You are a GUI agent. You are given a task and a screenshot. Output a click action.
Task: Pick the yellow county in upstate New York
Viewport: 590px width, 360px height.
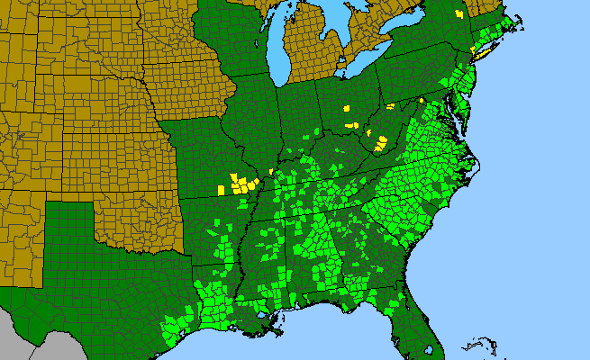[459, 14]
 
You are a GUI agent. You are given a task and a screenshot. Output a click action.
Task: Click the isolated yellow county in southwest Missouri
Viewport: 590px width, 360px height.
[222, 189]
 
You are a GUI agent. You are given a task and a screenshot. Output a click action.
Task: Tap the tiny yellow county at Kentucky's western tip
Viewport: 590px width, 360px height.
[271, 171]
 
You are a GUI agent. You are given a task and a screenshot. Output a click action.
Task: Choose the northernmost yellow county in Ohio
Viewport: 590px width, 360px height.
[345, 108]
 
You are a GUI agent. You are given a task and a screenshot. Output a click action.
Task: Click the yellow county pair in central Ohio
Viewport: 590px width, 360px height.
[349, 123]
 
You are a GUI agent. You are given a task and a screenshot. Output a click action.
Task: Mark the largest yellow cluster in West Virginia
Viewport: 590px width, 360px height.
[382, 140]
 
